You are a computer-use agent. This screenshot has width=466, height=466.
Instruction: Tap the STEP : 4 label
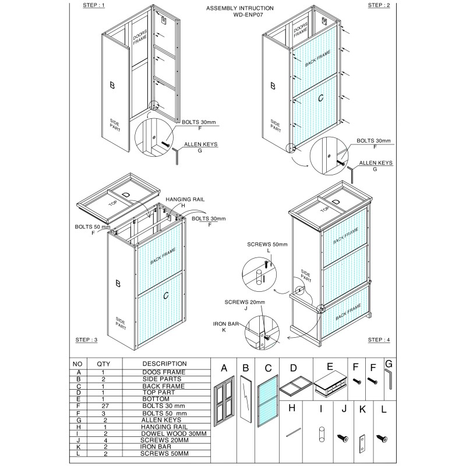[x=379, y=339]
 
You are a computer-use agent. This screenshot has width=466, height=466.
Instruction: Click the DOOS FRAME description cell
[x=164, y=372]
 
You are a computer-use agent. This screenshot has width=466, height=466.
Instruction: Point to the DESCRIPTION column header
[x=164, y=363]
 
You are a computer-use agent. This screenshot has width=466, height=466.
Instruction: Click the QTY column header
[x=103, y=363]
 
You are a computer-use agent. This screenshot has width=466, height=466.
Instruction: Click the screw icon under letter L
[x=383, y=437]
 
